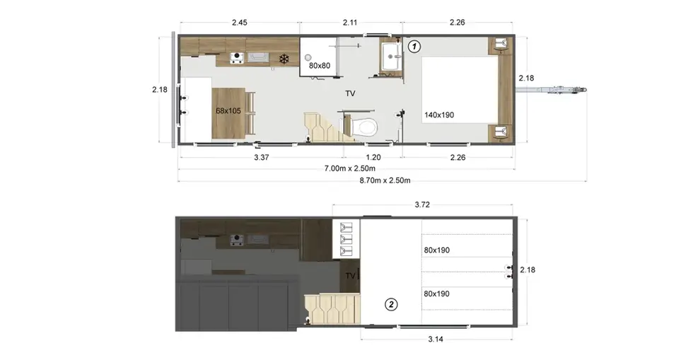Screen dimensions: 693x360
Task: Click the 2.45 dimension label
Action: pyautogui.click(x=240, y=23)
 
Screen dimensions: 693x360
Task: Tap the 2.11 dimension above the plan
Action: pyautogui.click(x=349, y=23)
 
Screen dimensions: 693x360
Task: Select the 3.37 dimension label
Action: pyautogui.click(x=262, y=157)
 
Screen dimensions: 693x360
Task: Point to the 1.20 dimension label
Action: pyautogui.click(x=373, y=157)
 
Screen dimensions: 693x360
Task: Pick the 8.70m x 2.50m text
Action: pyautogui.click(x=385, y=180)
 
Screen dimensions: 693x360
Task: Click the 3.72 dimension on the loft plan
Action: pyautogui.click(x=422, y=205)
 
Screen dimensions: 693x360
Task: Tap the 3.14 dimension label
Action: pyautogui.click(x=436, y=339)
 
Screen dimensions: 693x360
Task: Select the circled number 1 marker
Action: pyautogui.click(x=414, y=47)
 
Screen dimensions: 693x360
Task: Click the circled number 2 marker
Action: pyautogui.click(x=390, y=304)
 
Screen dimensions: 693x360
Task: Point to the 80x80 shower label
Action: pyautogui.click(x=320, y=66)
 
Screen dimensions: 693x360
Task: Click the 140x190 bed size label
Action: pyautogui.click(x=439, y=115)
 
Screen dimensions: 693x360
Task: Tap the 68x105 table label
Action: pyautogui.click(x=228, y=110)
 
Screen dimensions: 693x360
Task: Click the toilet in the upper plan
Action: pyautogui.click(x=364, y=127)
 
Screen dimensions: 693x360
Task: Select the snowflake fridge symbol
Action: pyautogui.click(x=284, y=59)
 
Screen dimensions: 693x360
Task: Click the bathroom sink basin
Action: pyautogui.click(x=391, y=56)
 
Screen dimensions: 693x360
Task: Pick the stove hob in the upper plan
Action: pyautogui.click(x=237, y=58)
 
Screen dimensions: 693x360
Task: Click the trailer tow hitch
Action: pyautogui.click(x=552, y=90)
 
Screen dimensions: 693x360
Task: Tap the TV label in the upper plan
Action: pyautogui.click(x=350, y=94)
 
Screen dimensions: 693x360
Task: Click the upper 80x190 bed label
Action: pyautogui.click(x=437, y=250)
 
